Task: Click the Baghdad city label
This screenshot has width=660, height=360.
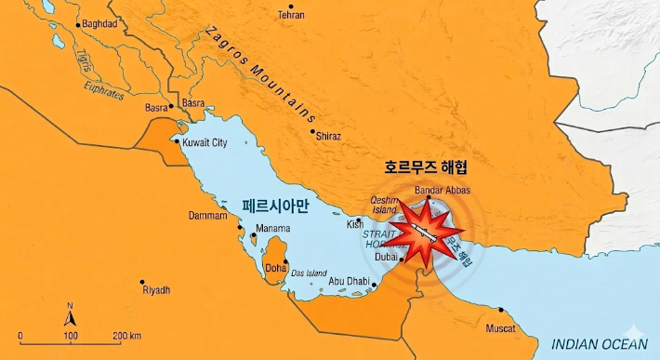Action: click(100, 23)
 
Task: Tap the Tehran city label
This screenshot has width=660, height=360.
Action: click(291, 16)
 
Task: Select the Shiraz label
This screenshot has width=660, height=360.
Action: click(328, 136)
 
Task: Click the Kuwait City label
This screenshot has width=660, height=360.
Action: click(205, 142)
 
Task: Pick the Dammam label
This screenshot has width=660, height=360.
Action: click(207, 216)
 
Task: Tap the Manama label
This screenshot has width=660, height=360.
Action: click(272, 228)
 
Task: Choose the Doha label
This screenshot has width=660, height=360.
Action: click(275, 267)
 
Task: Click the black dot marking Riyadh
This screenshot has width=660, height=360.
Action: click(142, 281)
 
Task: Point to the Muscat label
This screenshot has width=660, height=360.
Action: click(500, 328)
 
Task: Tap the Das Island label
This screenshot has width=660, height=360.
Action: click(309, 273)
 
